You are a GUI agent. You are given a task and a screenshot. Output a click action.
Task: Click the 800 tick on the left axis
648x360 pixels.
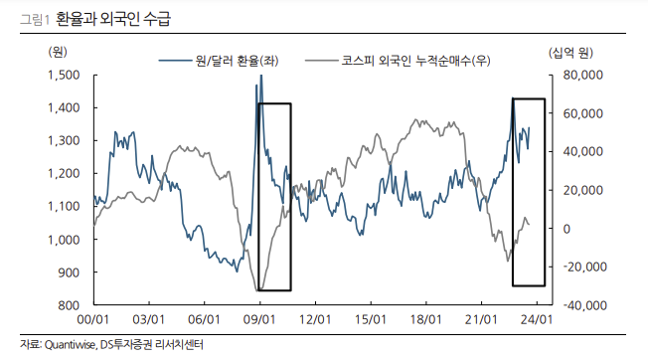pos(70,305)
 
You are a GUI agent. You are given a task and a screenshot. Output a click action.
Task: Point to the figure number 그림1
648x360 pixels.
pos(22,18)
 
